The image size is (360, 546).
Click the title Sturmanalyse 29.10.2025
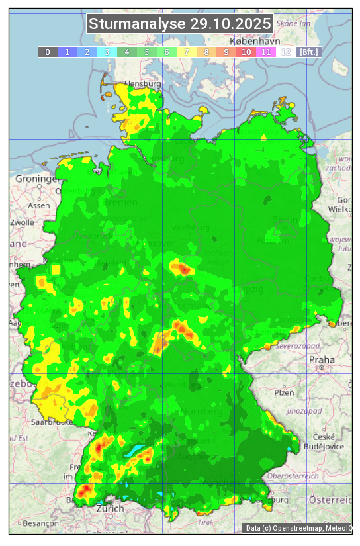click(180, 24)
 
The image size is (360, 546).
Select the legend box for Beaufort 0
click(48, 52)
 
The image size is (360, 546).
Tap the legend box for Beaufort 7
click(187, 52)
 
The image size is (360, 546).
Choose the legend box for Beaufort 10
click(246, 52)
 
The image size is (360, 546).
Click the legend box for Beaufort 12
click(286, 52)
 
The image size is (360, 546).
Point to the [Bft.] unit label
click(308, 52)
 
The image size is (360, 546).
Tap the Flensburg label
click(143, 85)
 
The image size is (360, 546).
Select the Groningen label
click(36, 179)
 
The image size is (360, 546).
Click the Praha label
click(322, 359)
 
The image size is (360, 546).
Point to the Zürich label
click(110, 508)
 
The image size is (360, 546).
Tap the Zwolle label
click(22, 222)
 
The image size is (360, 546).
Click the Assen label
click(40, 205)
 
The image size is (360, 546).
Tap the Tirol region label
click(204, 522)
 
